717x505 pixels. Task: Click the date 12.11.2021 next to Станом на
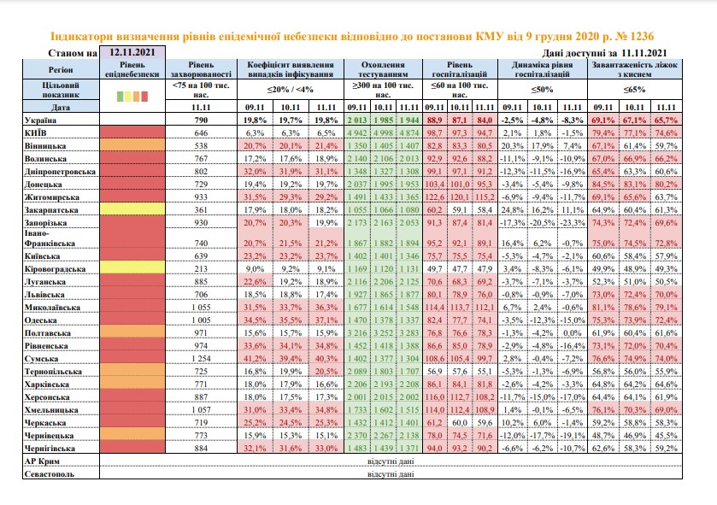pos(132,52)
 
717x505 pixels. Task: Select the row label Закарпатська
pos(51,210)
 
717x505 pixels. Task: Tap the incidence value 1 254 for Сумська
pos(201,359)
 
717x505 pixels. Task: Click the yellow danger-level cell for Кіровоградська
pos(132,267)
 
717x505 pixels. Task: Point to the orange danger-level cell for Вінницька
pos(132,145)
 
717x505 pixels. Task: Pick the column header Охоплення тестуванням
pos(383,69)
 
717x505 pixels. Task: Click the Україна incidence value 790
pos(201,120)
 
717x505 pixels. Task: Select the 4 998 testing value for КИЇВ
pos(383,133)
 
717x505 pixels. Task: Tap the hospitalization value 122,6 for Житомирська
pos(434,197)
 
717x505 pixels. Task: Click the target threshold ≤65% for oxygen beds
pos(634,90)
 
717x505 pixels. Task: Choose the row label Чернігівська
pos(50,449)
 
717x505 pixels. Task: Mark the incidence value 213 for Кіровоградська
pos(201,268)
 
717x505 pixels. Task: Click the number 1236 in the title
pos(641,36)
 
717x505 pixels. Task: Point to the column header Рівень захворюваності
pos(201,69)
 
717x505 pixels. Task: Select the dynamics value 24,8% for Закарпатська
pos(512,210)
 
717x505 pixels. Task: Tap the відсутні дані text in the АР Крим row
pos(391,461)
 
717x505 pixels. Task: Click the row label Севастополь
pos(50,474)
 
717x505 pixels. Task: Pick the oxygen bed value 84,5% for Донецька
pos(603,185)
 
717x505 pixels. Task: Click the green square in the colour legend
pos(120,97)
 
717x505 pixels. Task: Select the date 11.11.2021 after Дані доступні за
pos(644,53)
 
